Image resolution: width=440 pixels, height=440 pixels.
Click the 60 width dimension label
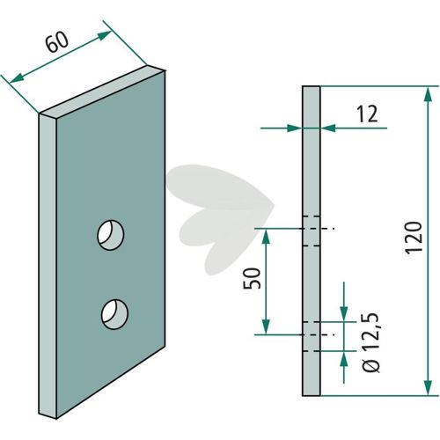[x=57, y=41]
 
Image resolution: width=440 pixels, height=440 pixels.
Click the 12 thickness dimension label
[x=367, y=114]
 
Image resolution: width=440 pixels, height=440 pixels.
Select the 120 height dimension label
[x=414, y=238]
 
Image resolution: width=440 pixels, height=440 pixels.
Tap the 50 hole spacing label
[x=252, y=278]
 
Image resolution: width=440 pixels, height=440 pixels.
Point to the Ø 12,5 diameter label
[x=371, y=343]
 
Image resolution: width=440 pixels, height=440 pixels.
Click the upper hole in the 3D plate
[x=111, y=235]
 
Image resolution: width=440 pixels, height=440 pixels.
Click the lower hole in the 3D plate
[x=114, y=314]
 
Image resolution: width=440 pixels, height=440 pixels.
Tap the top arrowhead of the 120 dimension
[x=428, y=94]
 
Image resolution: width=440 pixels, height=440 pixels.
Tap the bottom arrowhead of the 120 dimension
[x=428, y=387]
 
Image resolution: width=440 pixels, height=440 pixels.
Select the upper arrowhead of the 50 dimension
[x=266, y=237]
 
